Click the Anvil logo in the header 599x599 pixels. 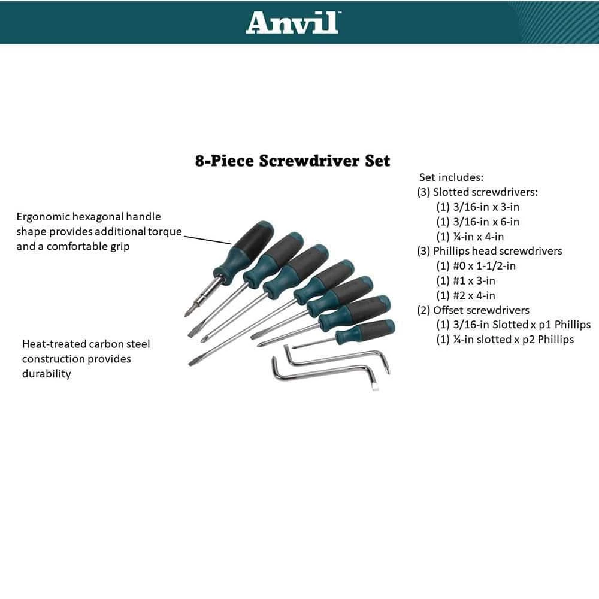pos(293,22)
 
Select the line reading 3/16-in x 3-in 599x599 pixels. pos(477,207)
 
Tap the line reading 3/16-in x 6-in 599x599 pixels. pos(477,222)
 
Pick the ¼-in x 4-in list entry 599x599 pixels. pos(470,237)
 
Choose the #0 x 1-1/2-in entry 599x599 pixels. pos(476,266)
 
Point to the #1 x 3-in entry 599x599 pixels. pos(465,281)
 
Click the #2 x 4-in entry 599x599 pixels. pos(465,296)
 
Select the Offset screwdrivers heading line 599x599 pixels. pos(473,310)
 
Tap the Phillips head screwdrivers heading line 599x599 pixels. pos(489,251)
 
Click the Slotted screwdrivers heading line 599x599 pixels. pos(477,192)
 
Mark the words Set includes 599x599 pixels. pos(451,177)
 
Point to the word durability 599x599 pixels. pos(47,374)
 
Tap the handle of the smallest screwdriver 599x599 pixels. pos(365,331)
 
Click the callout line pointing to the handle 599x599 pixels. pos(208,240)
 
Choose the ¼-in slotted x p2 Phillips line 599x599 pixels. pos(505,340)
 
